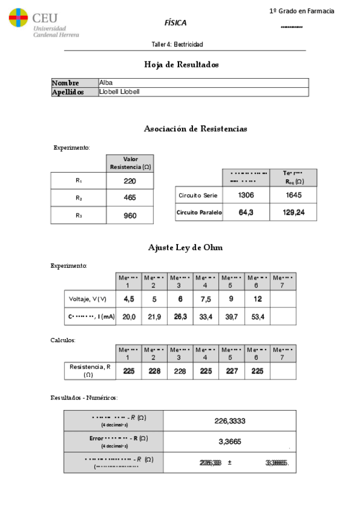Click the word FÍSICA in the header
[175, 23]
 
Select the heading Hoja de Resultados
[181, 64]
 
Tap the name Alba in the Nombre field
[106, 83]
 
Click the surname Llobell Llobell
[120, 92]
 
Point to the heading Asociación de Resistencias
[195, 129]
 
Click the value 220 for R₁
[130, 181]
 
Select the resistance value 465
[130, 198]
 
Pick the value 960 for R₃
[130, 215]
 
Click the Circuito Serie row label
[198, 195]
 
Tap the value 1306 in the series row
[246, 195]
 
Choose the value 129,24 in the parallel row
[293, 212]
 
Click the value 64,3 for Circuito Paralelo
[246, 212]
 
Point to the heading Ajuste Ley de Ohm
[181, 248]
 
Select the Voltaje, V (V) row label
[89, 299]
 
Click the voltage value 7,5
[205, 299]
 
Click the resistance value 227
[231, 371]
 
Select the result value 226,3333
[230, 421]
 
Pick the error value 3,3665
[230, 442]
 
